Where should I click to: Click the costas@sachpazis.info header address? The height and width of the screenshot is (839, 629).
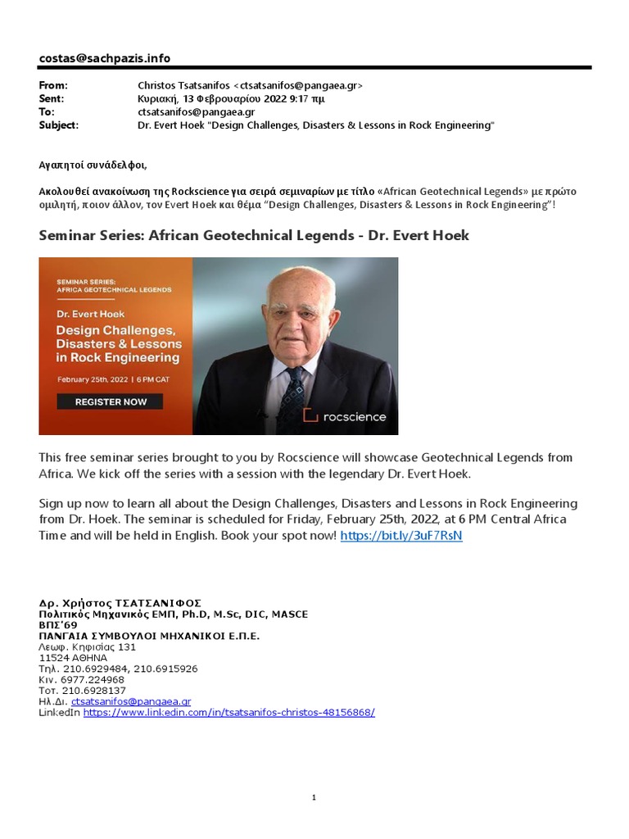pos(105,58)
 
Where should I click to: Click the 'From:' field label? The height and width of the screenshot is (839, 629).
pos(53,85)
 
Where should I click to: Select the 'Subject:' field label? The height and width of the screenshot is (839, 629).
pos(59,125)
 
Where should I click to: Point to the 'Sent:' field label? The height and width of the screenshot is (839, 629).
pos(52,98)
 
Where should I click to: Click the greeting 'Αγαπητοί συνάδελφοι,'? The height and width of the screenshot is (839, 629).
pos(93,165)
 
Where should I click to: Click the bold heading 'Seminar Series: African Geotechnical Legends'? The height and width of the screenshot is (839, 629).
pos(254,236)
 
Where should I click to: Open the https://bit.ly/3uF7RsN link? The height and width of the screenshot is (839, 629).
pos(400,535)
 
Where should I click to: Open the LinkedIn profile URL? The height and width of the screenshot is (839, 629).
pos(229,713)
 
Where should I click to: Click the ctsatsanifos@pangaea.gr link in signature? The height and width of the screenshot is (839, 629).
pos(131,701)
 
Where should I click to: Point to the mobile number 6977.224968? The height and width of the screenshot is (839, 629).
pos(82,680)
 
